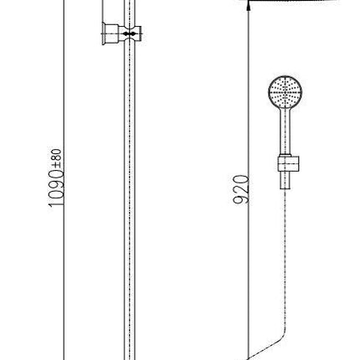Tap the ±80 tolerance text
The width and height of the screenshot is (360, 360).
[56, 158]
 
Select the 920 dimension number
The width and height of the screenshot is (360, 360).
[240, 189]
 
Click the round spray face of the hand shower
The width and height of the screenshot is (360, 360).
[285, 91]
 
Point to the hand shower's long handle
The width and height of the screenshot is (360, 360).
[285, 131]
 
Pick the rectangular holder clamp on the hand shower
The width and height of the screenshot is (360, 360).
[289, 163]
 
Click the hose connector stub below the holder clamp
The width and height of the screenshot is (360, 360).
[285, 180]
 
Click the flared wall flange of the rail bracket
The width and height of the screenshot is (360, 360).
[104, 33]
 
